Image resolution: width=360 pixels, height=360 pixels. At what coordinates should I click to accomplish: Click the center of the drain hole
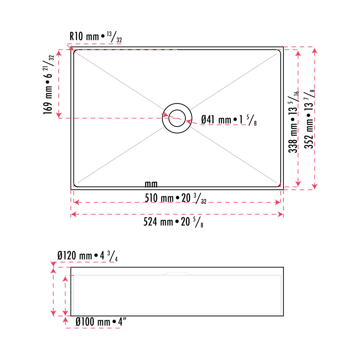point(177,118)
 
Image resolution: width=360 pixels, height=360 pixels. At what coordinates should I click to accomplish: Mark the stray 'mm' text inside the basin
point(151,184)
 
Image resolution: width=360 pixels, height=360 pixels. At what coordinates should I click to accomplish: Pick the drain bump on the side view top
point(177,274)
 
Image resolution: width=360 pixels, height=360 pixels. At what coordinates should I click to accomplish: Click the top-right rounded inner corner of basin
point(279,52)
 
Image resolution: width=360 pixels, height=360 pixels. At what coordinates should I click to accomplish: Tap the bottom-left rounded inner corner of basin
point(75,185)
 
